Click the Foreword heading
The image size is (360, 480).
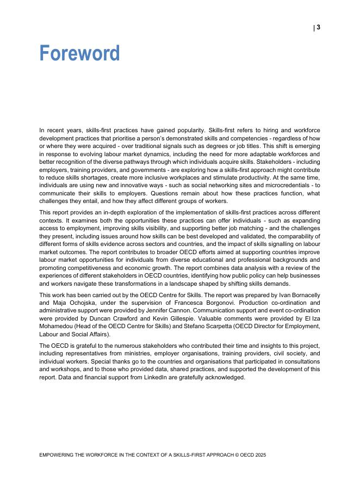(x=79, y=53)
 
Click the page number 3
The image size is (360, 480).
(x=319, y=27)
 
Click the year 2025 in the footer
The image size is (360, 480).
(x=260, y=455)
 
